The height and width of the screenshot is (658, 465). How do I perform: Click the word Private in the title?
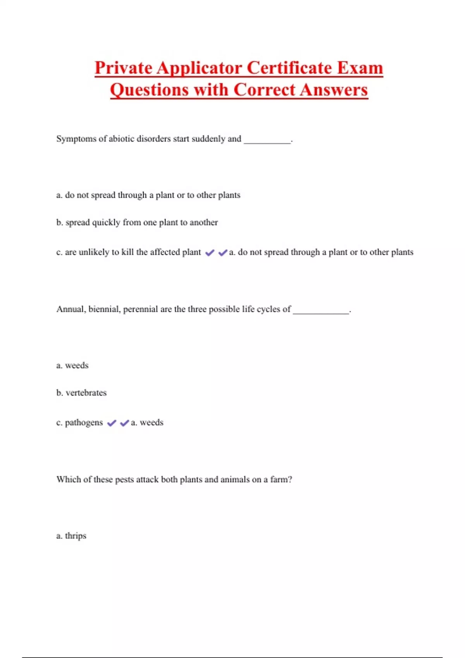[124, 68]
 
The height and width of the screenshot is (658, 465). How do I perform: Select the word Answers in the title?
[334, 90]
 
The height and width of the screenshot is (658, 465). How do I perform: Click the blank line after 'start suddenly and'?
[267, 141]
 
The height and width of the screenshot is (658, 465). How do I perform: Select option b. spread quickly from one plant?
[137, 223]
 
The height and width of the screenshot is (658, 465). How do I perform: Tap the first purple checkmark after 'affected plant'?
[210, 253]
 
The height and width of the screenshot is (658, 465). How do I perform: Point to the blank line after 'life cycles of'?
[321, 311]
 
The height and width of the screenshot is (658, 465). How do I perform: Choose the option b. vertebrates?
[81, 393]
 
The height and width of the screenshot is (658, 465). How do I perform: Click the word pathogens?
[84, 423]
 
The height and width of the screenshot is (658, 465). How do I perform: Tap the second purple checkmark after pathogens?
[124, 423]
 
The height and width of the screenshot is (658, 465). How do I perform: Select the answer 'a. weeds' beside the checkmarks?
[147, 423]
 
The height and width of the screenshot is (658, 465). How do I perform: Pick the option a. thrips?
[71, 536]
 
